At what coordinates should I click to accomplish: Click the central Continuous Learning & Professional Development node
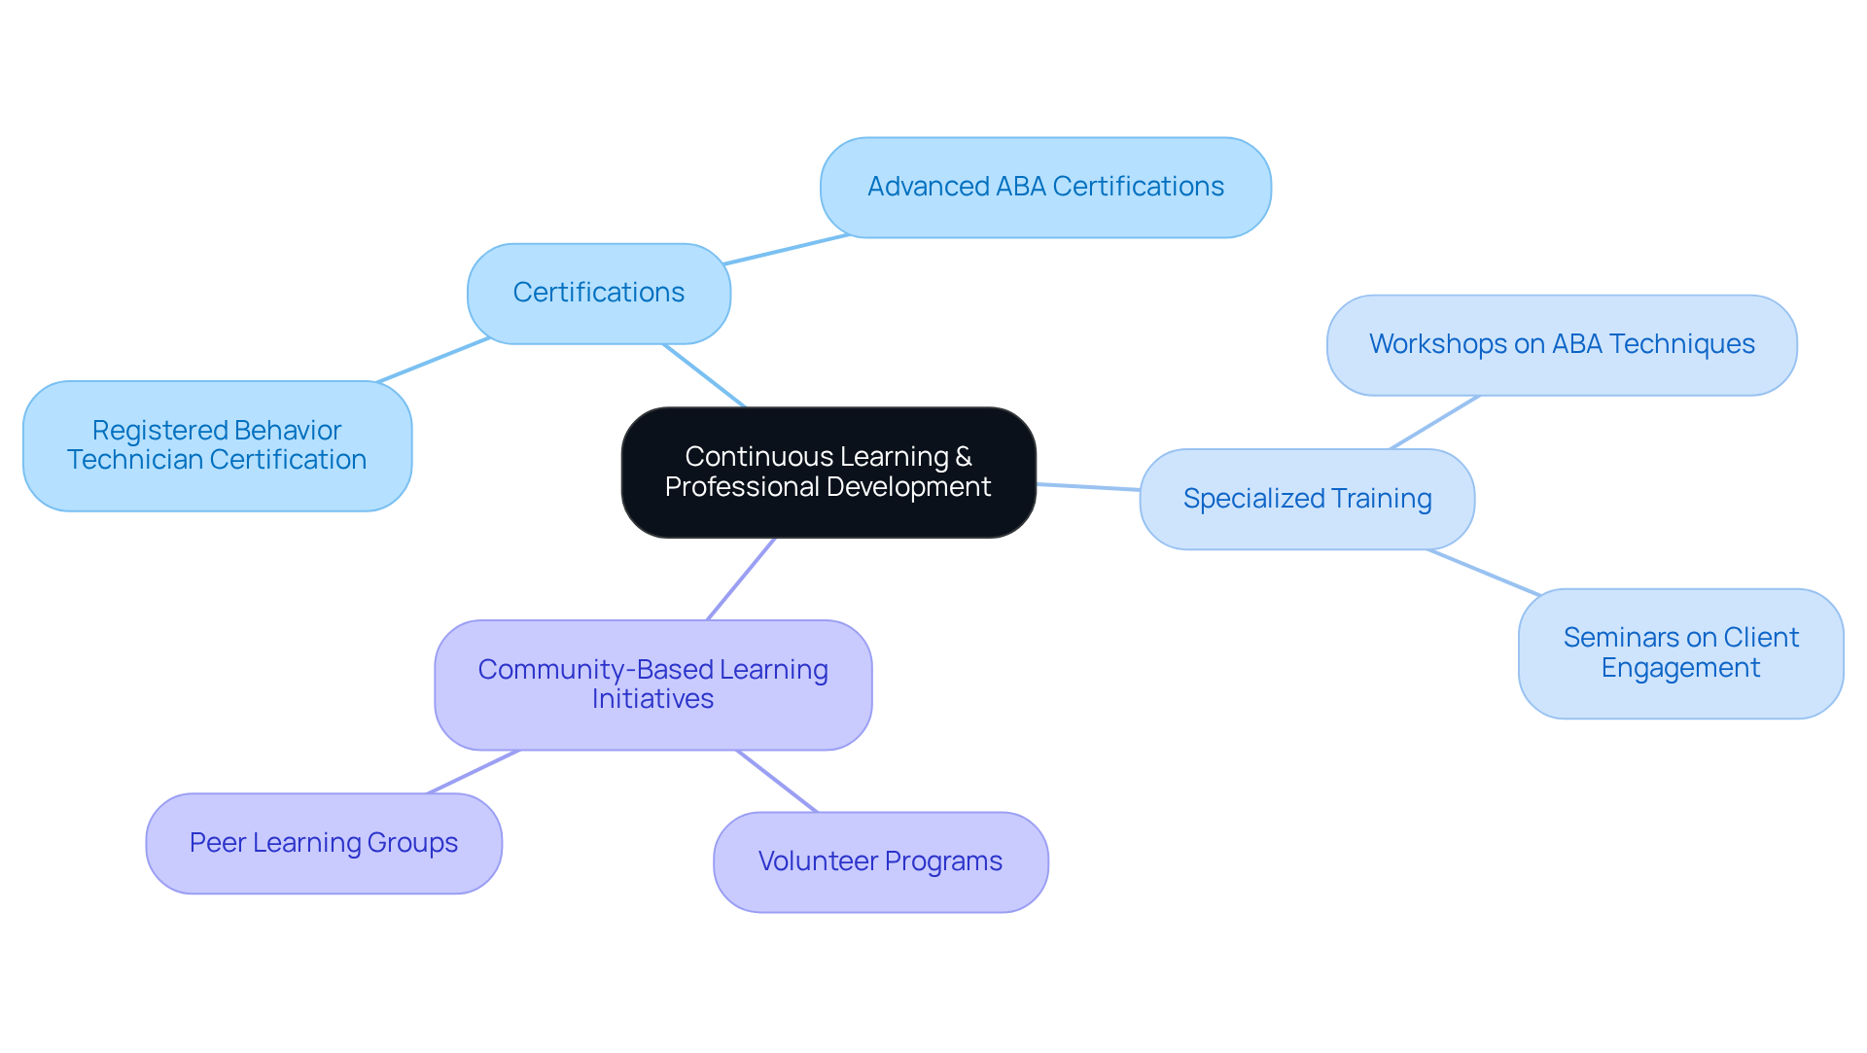pyautogui.click(x=828, y=473)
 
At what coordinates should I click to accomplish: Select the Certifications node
pyautogui.click(x=598, y=293)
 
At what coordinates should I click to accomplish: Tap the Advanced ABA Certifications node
pyautogui.click(x=1045, y=187)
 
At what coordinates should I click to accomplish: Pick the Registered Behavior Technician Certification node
pyautogui.click(x=217, y=445)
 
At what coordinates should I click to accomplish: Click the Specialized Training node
pyautogui.click(x=1306, y=499)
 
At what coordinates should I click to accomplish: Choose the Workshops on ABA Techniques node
pyautogui.click(x=1561, y=344)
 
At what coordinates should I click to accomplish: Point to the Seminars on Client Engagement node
pyautogui.click(x=1679, y=652)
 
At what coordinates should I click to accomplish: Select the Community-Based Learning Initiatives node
pyautogui.click(x=652, y=684)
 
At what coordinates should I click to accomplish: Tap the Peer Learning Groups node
pyautogui.click(x=323, y=843)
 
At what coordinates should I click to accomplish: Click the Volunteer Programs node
pyautogui.click(x=880, y=861)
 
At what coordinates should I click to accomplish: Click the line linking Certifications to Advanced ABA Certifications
pyautogui.click(x=787, y=249)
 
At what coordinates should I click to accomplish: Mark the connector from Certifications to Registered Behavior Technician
pyautogui.click(x=434, y=360)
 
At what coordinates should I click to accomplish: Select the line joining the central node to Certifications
pyautogui.click(x=704, y=375)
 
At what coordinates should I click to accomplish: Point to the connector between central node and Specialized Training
pyautogui.click(x=1087, y=486)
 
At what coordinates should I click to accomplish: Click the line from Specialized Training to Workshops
pyautogui.click(x=1434, y=422)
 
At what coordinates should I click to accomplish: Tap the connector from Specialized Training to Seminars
pyautogui.click(x=1483, y=572)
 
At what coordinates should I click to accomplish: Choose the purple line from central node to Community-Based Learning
pyautogui.click(x=741, y=579)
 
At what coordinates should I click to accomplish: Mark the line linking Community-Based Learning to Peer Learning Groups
pyautogui.click(x=474, y=771)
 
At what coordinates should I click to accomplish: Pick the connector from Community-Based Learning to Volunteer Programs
pyautogui.click(x=777, y=781)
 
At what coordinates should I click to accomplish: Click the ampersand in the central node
pyautogui.click(x=964, y=457)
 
